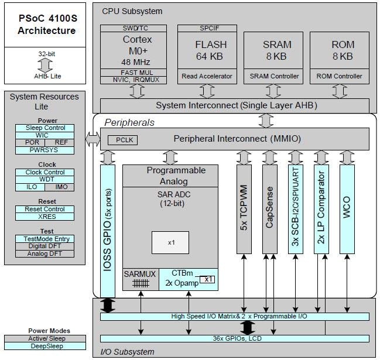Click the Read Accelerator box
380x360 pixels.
206,76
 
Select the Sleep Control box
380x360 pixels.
46,128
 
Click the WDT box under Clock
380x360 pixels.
46,180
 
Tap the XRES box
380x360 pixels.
46,217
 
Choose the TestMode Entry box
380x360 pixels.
46,239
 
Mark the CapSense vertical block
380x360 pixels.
269,209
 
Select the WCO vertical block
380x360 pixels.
347,209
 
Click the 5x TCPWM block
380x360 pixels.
244,209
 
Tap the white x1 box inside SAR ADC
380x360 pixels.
170,242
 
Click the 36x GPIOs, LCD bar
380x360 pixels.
234,338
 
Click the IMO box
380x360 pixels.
60,187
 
